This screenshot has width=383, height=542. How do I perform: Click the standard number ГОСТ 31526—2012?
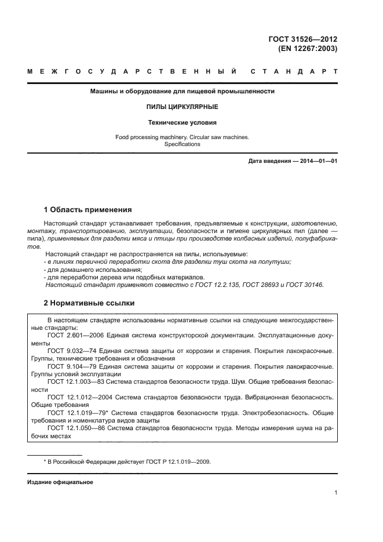[302, 39]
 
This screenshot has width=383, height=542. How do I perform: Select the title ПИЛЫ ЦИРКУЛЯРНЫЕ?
[182, 107]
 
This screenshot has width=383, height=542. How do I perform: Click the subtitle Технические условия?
[182, 122]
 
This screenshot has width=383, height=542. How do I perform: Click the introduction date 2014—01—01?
[318, 162]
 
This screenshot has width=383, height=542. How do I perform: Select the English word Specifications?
[182, 144]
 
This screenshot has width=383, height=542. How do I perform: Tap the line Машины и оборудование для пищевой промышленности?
[182, 92]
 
